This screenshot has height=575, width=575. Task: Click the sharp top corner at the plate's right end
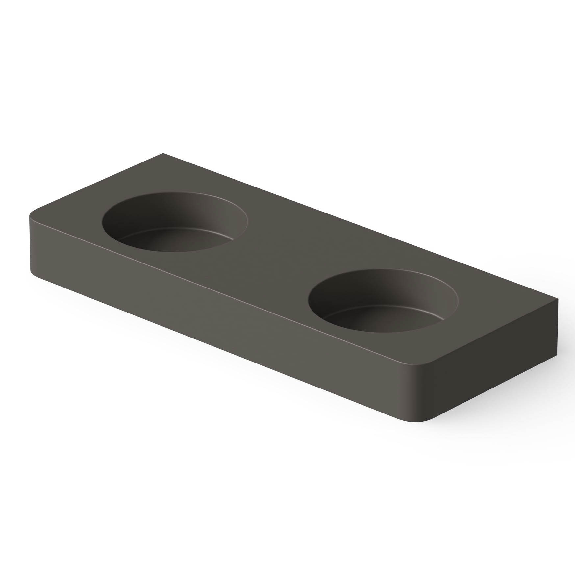[x=558, y=299]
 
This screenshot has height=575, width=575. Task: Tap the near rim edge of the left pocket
[x=171, y=252]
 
